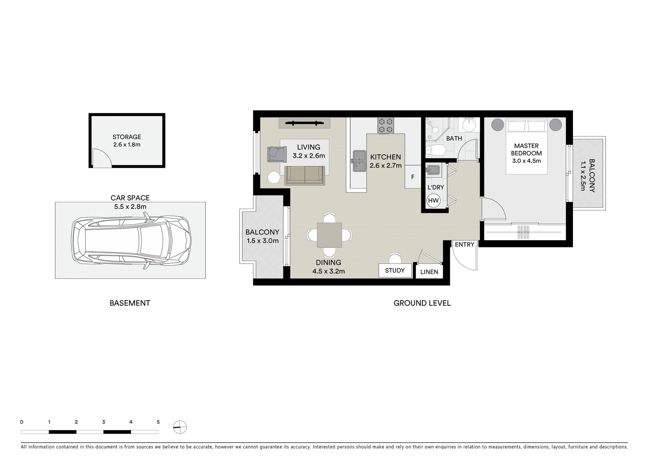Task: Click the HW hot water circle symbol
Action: click(433, 201)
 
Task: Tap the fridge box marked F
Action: click(413, 177)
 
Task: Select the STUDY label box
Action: click(395, 270)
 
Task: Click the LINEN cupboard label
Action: click(429, 272)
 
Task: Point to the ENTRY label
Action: click(464, 244)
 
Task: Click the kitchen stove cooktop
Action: click(386, 126)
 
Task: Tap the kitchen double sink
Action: click(358, 161)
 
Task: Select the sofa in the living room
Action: click(305, 176)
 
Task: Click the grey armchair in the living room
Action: click(276, 154)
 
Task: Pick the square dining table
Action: click(329, 235)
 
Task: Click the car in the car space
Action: click(131, 241)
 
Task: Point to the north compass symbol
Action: click(180, 427)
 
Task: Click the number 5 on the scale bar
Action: click(158, 422)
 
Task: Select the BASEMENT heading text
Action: click(130, 303)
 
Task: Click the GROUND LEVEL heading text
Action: click(422, 303)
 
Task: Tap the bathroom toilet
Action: click(435, 150)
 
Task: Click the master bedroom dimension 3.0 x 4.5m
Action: click(526, 161)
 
